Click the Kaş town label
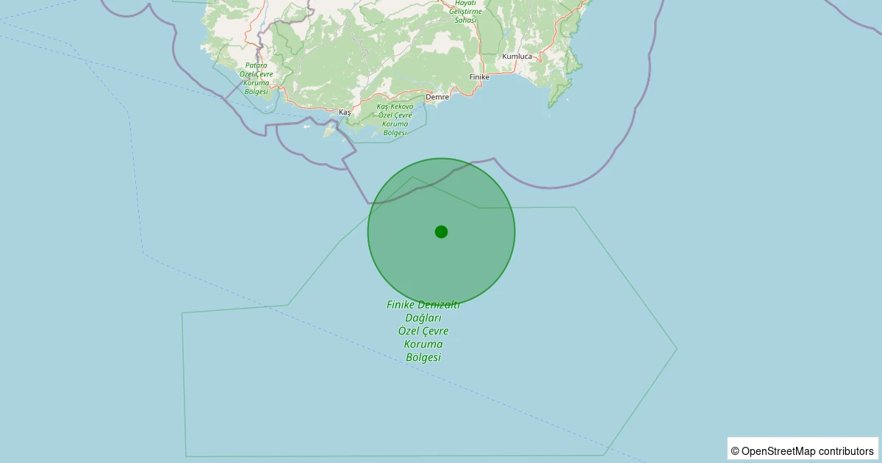pos(344,112)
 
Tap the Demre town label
pos(437,96)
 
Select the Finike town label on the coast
pos(479,76)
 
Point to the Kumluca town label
pos(517,56)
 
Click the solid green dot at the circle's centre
pos(441,232)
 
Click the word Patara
pos(257,65)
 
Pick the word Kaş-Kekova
pos(395,107)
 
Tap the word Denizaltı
pos(440,305)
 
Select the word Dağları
pos(423,318)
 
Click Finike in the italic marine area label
pos(402,305)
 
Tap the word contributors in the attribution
pos(846,451)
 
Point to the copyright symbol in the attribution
pos(735,451)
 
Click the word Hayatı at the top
pos(466,3)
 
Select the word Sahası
pos(466,21)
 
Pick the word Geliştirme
pos(466,12)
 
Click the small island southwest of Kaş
pos(329,132)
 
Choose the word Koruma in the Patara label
pos(257,83)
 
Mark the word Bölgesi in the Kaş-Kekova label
pos(395,133)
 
